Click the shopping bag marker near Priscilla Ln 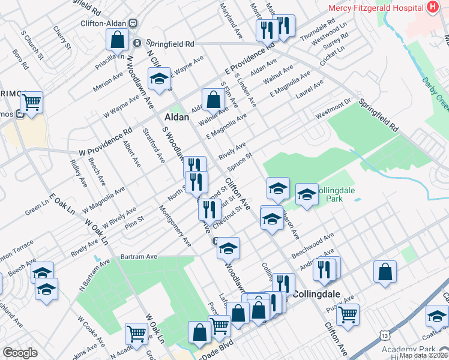tap(118, 40)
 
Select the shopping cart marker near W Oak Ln tap(137, 333)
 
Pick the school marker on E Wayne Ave tap(159, 80)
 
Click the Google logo tap(20, 353)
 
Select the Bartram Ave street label tap(138, 257)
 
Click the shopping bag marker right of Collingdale tap(385, 271)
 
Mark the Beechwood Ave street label tap(313, 247)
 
